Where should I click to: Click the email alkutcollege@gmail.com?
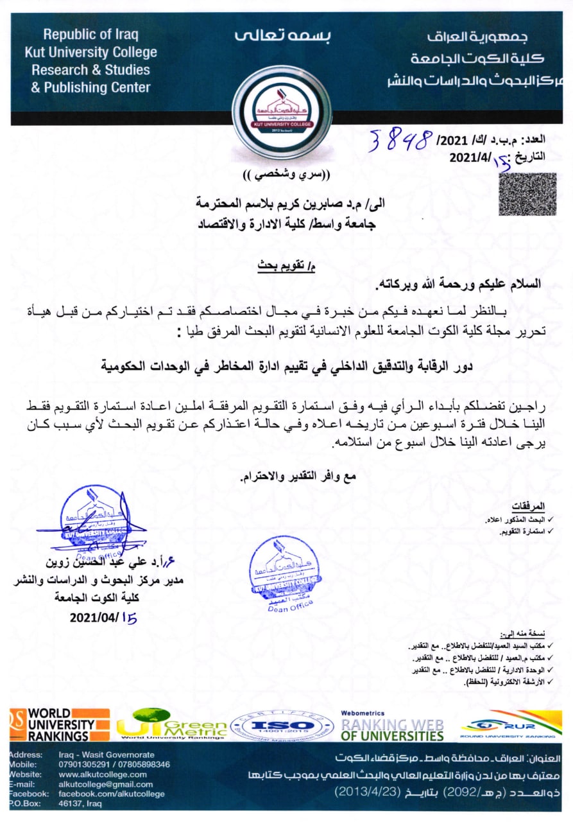point(105,784)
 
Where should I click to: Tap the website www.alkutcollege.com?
point(103,774)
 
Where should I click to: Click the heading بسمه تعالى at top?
point(283,36)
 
